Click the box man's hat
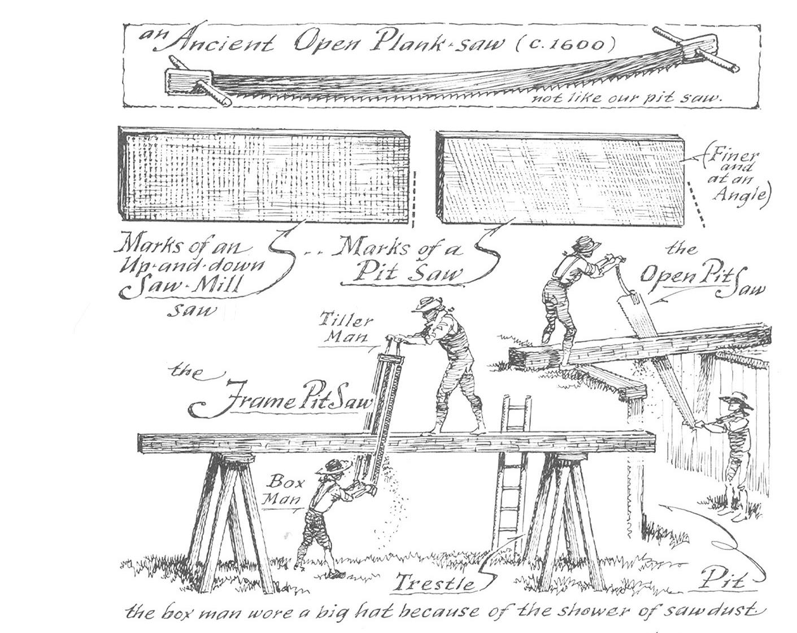[333, 466]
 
